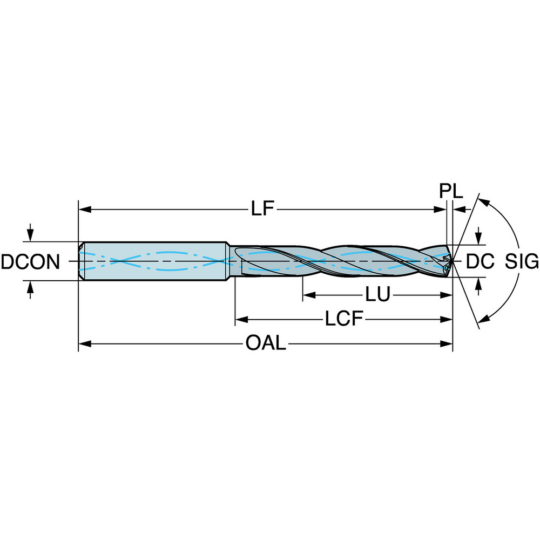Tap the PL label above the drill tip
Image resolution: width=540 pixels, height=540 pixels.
tap(450, 192)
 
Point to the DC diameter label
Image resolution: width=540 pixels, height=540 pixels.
tap(480, 262)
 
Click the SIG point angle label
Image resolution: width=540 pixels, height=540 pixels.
tap(522, 262)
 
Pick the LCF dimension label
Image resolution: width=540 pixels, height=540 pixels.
tap(343, 319)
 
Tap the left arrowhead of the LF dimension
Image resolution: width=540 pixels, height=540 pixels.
tap(84, 209)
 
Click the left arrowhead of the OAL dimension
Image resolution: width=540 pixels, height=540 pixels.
tap(84, 343)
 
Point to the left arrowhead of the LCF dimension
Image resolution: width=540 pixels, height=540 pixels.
tap(240, 319)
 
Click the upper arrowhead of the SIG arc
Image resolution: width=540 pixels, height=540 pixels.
tap(484, 202)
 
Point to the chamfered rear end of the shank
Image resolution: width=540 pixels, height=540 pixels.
tap(81, 261)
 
